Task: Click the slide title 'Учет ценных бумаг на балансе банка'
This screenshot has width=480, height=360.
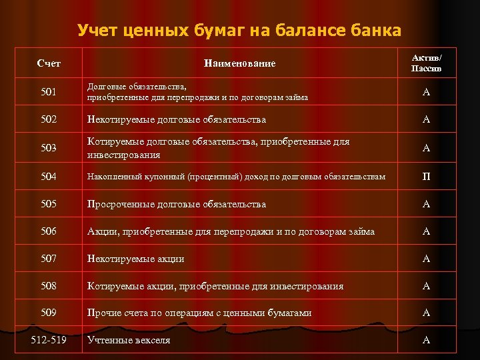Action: (x=239, y=30)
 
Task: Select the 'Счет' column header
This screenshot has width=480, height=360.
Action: (x=49, y=63)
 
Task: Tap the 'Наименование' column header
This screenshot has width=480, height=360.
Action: (x=239, y=63)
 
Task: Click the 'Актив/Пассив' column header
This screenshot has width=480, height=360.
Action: (x=426, y=63)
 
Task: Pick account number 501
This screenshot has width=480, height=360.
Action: (x=49, y=92)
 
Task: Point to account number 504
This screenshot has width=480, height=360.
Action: (x=49, y=177)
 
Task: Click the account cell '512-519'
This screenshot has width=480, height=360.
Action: (x=49, y=340)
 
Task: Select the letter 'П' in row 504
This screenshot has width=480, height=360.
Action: (x=426, y=177)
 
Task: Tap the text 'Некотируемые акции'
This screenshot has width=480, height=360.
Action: (x=136, y=259)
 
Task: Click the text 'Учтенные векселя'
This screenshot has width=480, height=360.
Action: (x=129, y=340)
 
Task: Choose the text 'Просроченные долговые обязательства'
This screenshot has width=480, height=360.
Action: (x=177, y=204)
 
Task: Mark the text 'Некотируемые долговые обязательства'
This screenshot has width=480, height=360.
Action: (x=177, y=120)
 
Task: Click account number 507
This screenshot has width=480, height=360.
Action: (x=49, y=259)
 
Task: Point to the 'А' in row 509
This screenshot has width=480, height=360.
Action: (x=426, y=313)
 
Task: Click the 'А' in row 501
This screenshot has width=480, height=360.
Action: (x=426, y=92)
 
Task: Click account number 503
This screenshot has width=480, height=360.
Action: (x=49, y=148)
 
